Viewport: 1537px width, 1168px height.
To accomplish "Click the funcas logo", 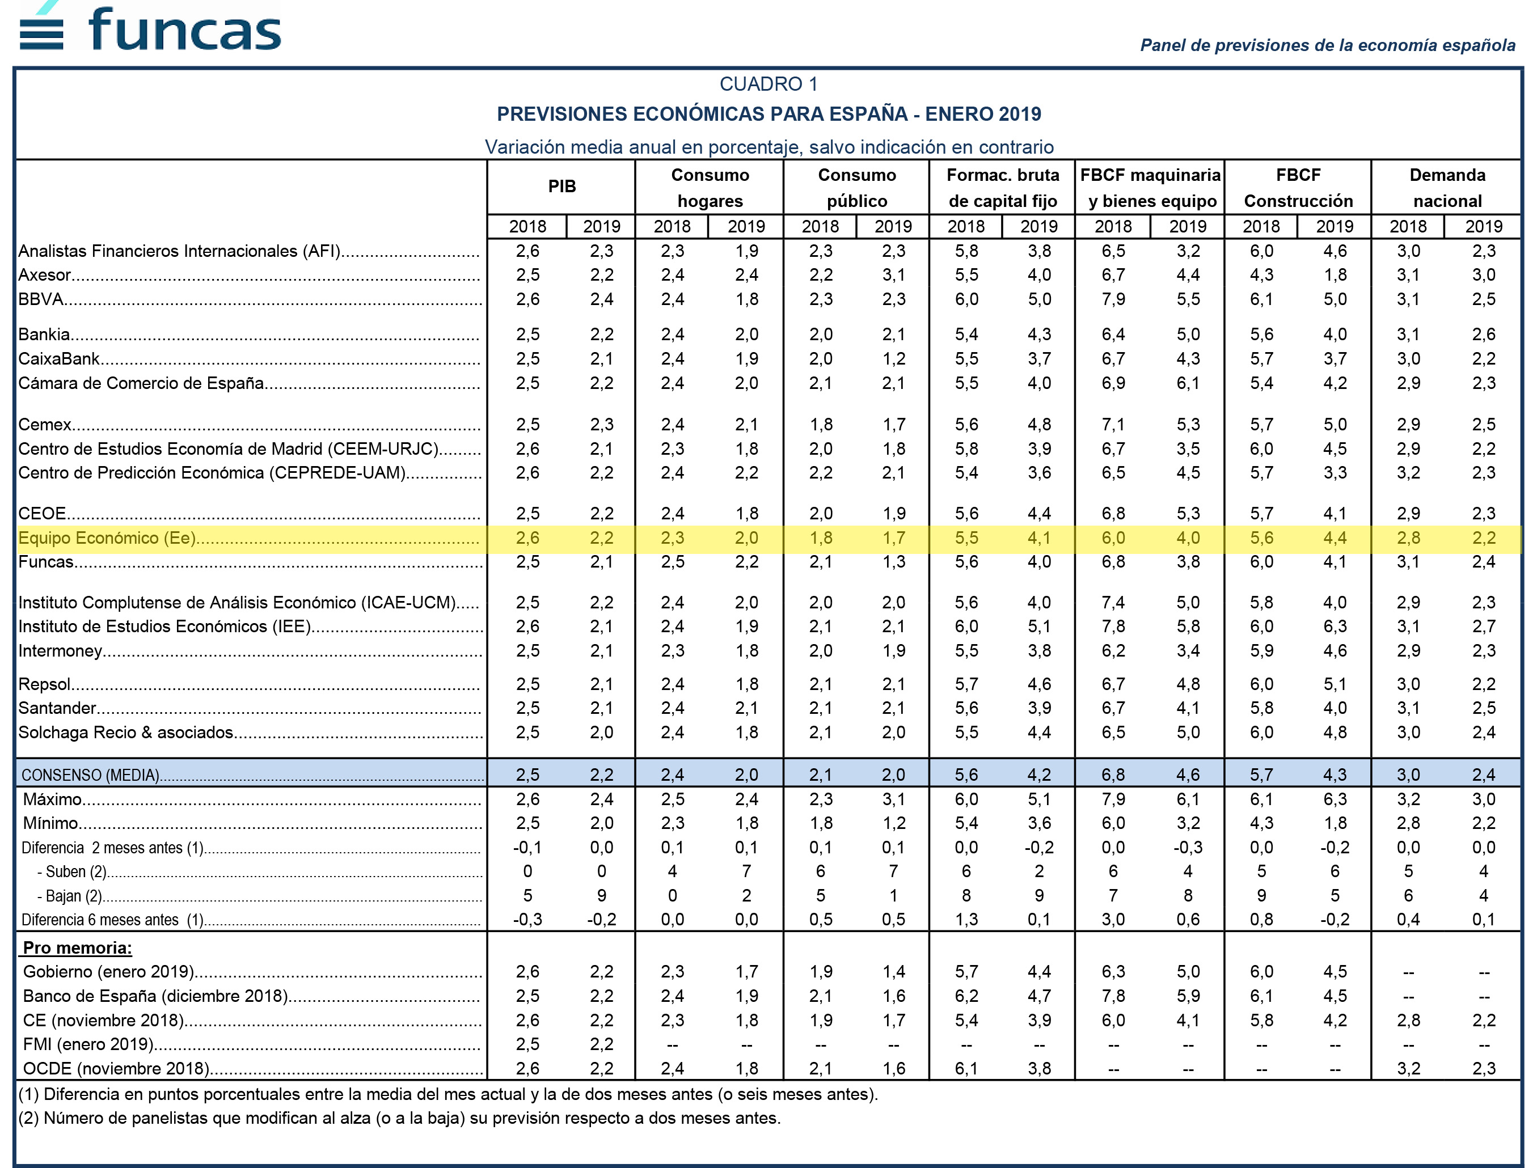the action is pos(150,27).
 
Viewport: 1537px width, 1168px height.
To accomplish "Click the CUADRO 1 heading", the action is pos(768,84).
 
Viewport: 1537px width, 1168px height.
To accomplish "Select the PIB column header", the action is pos(562,187).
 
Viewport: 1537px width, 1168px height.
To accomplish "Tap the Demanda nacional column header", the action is pos(1447,188).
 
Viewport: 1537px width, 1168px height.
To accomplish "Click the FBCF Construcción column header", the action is pos(1298,188).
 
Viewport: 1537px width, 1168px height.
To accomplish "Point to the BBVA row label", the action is pos(41,299).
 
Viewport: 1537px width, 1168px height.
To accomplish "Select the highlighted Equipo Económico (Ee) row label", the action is pos(107,538).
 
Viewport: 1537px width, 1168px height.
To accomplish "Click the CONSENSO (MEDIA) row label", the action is pos(90,775).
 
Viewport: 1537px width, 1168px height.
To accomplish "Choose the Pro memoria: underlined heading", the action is pos(77,947).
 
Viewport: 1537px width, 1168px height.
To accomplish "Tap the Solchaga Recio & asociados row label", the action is pos(126,732).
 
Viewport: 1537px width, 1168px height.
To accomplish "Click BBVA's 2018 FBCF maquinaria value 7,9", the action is pos(1113,299).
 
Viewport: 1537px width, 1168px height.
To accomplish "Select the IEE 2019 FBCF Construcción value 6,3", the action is pos(1335,627).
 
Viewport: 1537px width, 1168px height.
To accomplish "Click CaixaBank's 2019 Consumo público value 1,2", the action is pos(894,359).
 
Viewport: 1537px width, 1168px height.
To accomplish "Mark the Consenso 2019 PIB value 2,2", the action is pos(602,775).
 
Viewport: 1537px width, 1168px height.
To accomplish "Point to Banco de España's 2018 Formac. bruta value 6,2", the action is pos(966,996).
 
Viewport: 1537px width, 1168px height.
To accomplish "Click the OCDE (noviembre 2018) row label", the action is pos(116,1069).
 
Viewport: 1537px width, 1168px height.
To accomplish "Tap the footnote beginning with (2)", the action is pos(399,1118).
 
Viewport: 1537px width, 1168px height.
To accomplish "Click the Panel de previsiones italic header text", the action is pos(1328,45).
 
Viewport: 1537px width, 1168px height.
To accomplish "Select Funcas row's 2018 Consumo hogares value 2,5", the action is pos(673,562).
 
